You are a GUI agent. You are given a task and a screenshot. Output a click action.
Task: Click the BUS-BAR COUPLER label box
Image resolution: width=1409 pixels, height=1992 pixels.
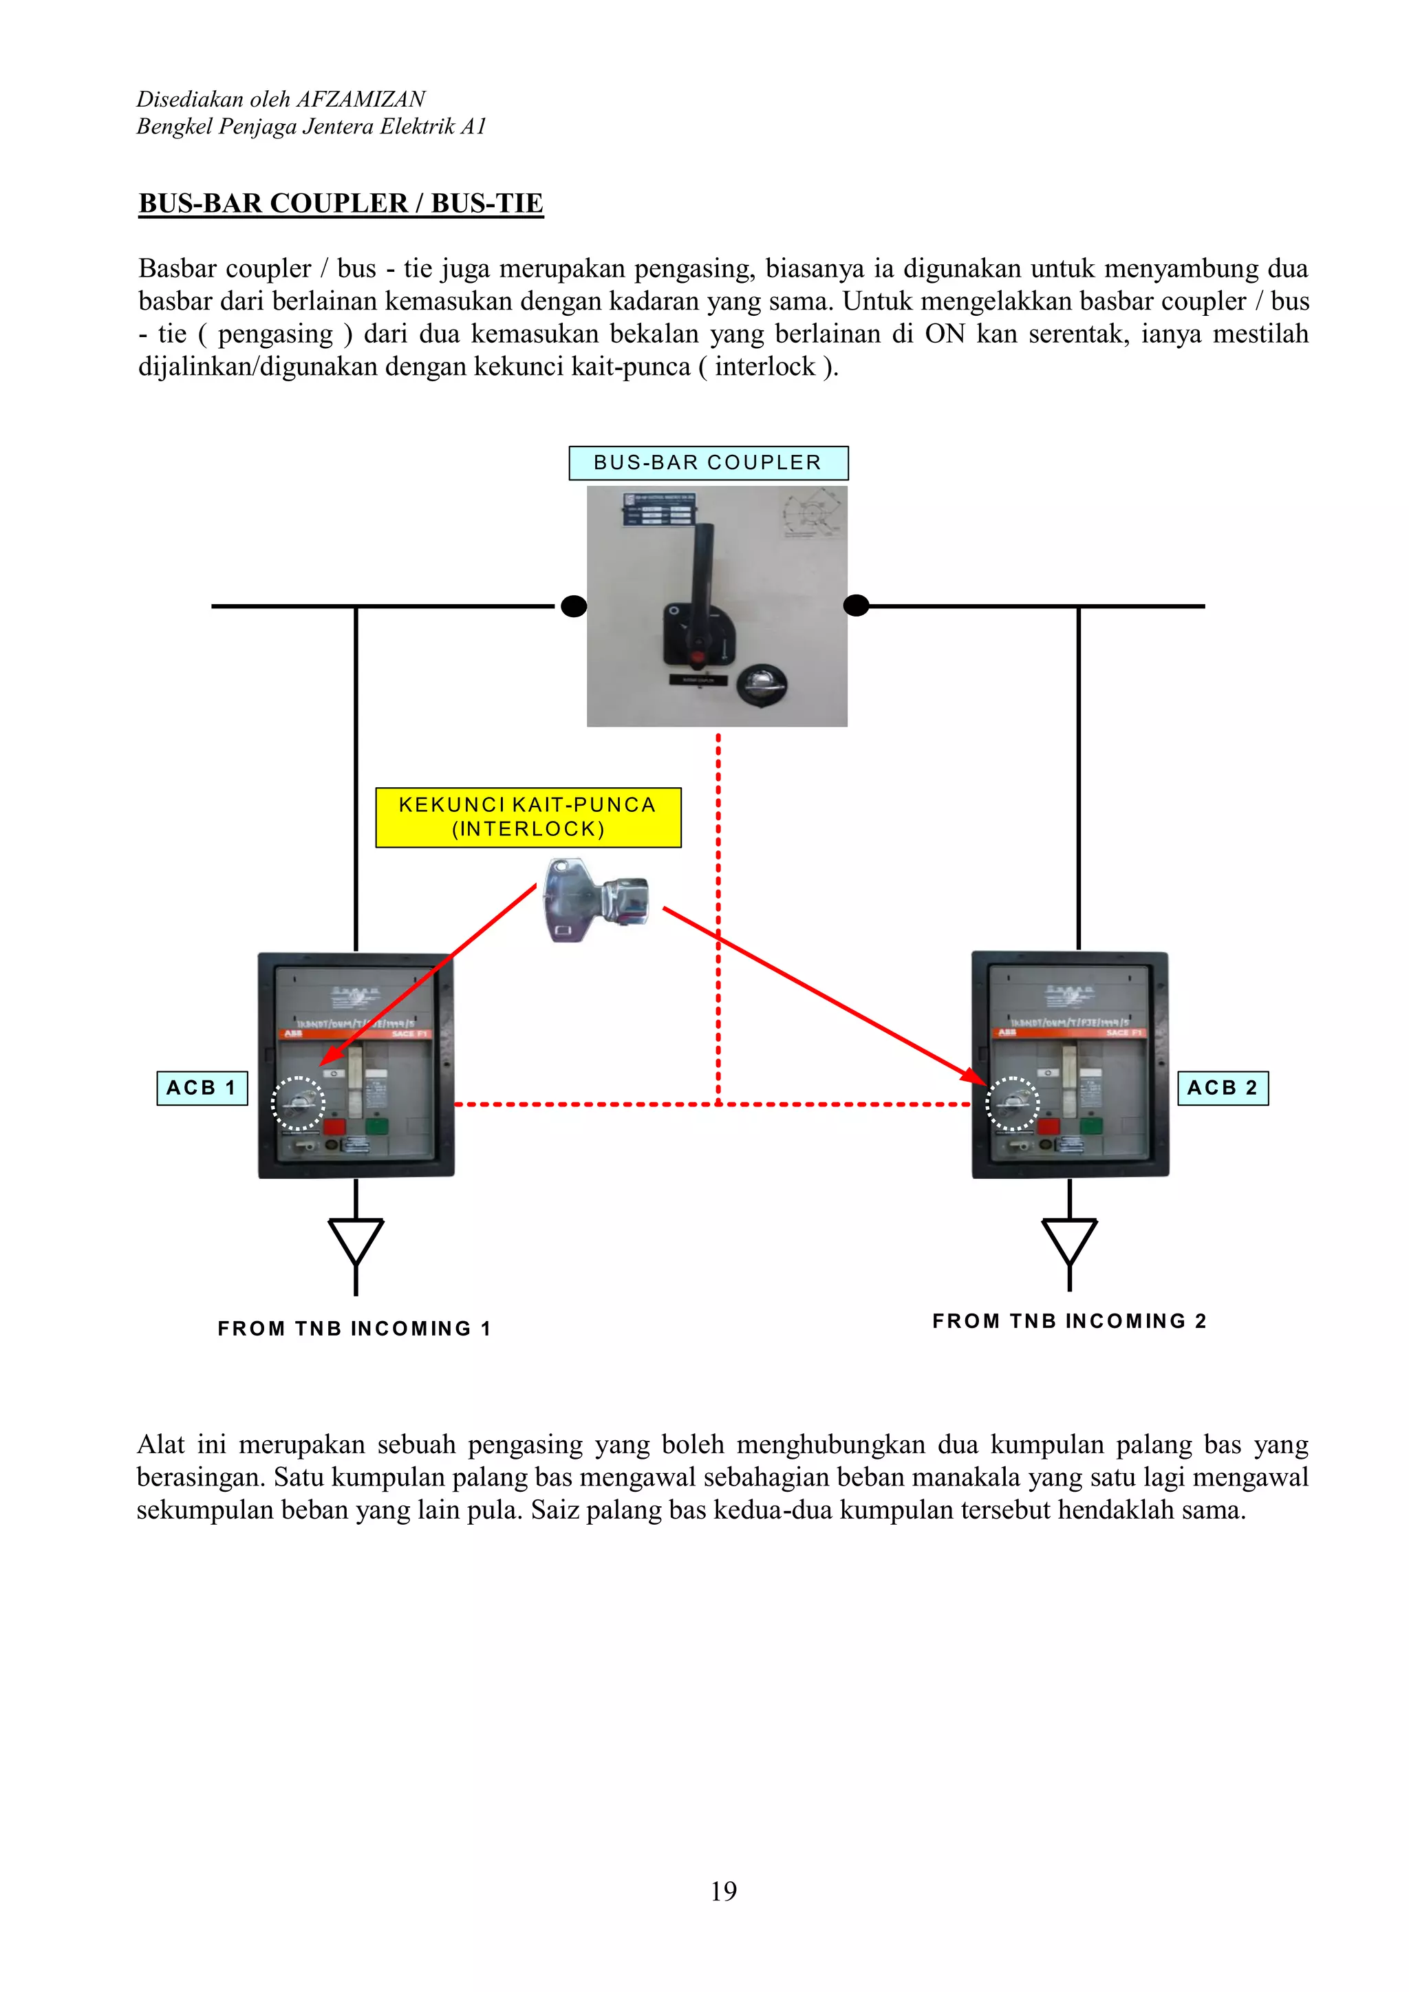click(708, 462)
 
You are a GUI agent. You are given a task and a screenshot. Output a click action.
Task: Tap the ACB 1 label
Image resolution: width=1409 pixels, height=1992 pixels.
click(202, 1088)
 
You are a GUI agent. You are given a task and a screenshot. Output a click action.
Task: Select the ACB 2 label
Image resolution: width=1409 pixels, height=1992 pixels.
click(1223, 1088)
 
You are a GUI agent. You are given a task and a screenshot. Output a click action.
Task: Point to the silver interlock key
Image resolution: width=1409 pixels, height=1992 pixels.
click(595, 899)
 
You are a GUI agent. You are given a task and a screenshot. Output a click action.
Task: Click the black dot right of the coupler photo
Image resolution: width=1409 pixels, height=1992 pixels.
click(857, 606)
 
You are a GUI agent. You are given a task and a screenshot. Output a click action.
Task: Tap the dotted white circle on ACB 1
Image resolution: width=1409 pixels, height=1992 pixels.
click(298, 1103)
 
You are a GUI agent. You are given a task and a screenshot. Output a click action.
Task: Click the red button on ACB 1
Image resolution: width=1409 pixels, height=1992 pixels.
click(334, 1127)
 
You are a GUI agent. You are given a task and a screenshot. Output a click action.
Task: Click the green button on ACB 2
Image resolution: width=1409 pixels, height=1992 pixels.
click(1091, 1126)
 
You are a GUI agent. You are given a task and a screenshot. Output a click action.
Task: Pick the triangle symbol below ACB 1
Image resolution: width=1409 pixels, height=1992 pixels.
click(356, 1240)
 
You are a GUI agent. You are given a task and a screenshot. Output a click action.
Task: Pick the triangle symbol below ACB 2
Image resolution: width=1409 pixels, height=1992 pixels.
click(1070, 1240)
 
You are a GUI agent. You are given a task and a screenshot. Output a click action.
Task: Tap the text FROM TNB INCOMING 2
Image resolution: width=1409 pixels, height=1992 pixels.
click(1069, 1321)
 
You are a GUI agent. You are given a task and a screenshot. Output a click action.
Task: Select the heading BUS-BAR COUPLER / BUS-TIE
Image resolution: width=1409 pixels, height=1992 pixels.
click(341, 203)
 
